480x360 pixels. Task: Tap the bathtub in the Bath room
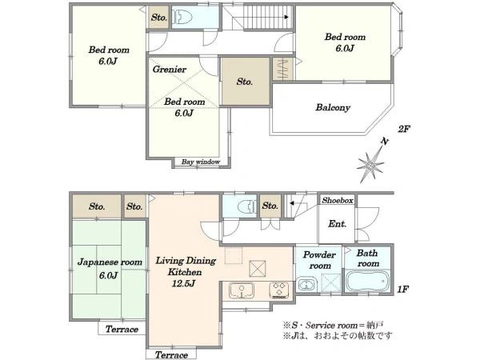[x=367, y=282]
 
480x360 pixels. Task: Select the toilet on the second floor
[x=182, y=17]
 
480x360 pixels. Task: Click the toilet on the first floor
[x=246, y=206]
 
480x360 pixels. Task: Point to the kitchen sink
[x=242, y=290]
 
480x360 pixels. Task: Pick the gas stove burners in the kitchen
[x=279, y=290]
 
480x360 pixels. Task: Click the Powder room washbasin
[x=306, y=285]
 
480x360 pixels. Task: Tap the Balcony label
[x=333, y=107]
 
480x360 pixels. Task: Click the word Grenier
[x=170, y=69]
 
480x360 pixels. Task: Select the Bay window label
[x=201, y=162]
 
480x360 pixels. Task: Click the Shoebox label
[x=338, y=200]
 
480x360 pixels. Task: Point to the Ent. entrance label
[x=337, y=224]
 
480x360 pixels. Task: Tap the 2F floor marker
[x=403, y=129]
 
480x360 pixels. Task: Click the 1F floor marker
[x=403, y=289]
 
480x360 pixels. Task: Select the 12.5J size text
[x=183, y=283]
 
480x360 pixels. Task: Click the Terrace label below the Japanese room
[x=122, y=330]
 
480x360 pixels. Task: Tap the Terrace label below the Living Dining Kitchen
[x=171, y=354]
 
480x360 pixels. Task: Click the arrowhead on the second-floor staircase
[x=286, y=17]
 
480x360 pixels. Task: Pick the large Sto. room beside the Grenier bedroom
[x=246, y=82]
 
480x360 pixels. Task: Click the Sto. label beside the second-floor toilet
[x=159, y=18]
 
